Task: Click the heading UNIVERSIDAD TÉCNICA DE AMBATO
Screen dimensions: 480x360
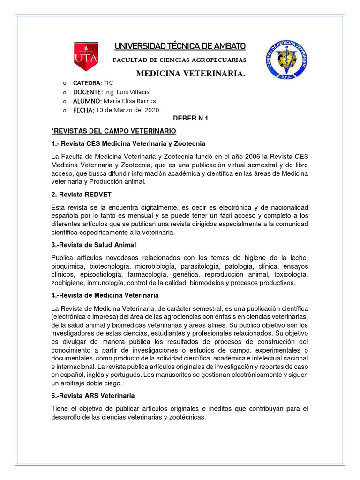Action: [x=180, y=46]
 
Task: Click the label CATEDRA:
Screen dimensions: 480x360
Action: [x=87, y=83]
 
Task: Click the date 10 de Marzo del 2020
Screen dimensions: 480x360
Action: [x=127, y=110]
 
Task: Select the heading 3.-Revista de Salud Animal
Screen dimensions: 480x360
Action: [x=93, y=245]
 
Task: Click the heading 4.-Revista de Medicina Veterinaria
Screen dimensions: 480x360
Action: [x=105, y=295]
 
